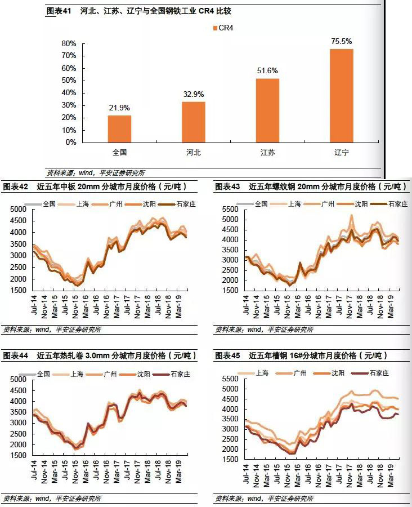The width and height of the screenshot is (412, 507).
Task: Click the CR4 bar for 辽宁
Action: [x=342, y=95]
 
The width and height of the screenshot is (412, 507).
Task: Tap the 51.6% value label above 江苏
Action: [x=268, y=70]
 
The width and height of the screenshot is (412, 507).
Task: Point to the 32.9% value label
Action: [x=194, y=94]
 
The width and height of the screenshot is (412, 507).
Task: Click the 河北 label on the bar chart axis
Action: [x=194, y=152]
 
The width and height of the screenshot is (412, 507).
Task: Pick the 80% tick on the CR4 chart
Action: [x=69, y=44]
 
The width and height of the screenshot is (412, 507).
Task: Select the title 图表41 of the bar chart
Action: [x=59, y=11]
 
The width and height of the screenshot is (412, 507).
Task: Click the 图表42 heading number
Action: [x=16, y=187]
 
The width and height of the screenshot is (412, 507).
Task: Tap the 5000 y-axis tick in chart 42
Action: [x=19, y=209]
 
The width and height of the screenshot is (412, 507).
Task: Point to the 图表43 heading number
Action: [x=227, y=187]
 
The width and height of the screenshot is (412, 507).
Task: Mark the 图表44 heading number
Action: [x=16, y=356]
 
